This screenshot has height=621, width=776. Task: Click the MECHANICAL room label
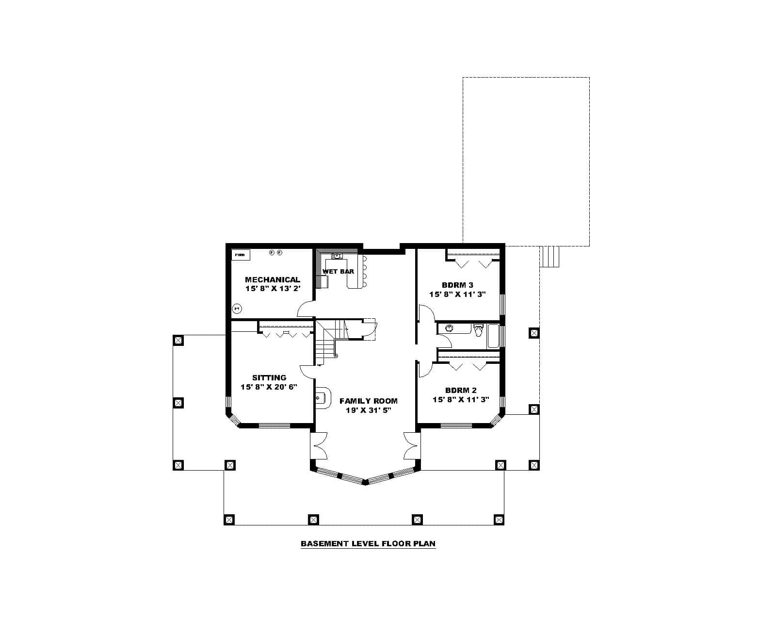pos(272,279)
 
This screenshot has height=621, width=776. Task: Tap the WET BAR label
pos(338,271)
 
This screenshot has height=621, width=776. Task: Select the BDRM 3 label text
pos(457,285)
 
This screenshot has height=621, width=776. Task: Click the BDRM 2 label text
pos(461,390)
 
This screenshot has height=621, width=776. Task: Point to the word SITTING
pos(269,377)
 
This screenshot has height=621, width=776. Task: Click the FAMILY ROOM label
pos(369,401)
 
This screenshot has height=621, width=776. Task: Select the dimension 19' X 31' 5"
pos(369,410)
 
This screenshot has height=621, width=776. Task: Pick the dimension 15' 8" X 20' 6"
pos(269,387)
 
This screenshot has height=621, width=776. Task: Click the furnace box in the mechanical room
pos(240,255)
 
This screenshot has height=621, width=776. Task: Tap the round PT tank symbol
pos(237,308)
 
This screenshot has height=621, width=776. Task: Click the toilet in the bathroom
pos(479,330)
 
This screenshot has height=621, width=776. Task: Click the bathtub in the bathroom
pos(493,336)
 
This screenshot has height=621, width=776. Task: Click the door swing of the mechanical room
pos(306,308)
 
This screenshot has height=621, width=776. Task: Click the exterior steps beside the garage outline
pos(550,256)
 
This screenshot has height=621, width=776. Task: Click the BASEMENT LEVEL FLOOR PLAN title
pos(368,543)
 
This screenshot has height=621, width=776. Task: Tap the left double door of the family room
pos(319,445)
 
